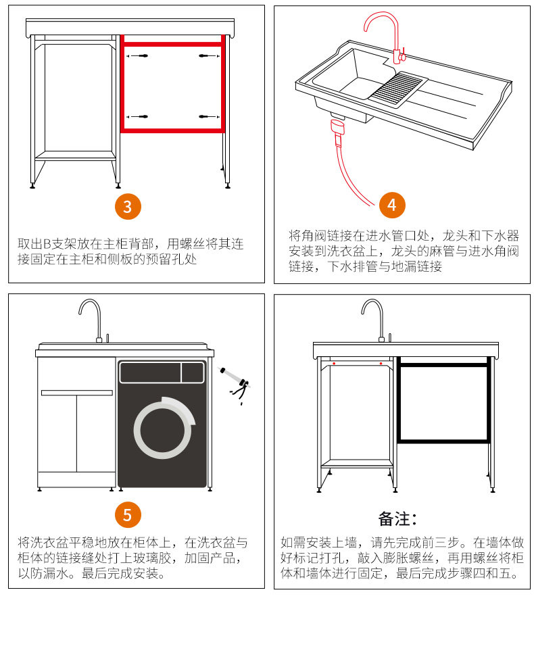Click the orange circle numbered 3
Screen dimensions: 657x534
coord(128,206)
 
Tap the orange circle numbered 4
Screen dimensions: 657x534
coord(392,204)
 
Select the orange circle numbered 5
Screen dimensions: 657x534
coord(128,514)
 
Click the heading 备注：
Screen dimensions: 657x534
coord(397,519)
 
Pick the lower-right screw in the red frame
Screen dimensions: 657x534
coord(205,117)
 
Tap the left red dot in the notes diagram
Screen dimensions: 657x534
coord(334,365)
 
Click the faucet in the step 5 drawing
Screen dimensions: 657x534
coord(92,317)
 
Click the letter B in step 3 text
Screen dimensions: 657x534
coord(48,244)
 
